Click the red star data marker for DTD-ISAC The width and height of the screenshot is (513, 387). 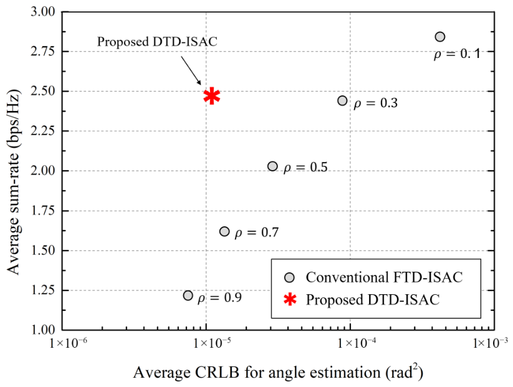coord(212,96)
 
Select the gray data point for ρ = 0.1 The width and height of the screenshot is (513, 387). coord(440,37)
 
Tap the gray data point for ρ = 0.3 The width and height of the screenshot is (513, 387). coord(342,100)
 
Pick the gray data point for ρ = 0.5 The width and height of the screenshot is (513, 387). coord(272,166)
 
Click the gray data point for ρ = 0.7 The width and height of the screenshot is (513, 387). coord(224,231)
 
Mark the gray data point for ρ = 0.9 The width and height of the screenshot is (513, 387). coord(188,295)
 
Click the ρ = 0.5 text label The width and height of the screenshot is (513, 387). coord(305,168)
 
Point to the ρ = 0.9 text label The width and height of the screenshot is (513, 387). coord(219,298)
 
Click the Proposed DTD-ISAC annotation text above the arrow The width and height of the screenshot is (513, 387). coord(157,42)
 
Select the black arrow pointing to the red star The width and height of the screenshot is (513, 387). coord(191,70)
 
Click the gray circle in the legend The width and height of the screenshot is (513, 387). coord(290,277)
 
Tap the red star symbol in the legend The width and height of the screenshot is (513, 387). coord(290,299)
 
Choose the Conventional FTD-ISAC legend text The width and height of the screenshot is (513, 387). coord(384,277)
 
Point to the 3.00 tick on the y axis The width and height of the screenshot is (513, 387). coord(43,12)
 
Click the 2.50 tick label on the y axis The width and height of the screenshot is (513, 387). coord(43,91)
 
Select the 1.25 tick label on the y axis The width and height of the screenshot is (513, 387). coord(43,290)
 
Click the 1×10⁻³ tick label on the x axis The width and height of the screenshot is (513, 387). coord(490,343)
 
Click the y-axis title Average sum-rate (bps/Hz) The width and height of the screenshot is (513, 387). coord(14,182)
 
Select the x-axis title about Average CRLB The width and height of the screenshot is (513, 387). coord(278,372)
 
